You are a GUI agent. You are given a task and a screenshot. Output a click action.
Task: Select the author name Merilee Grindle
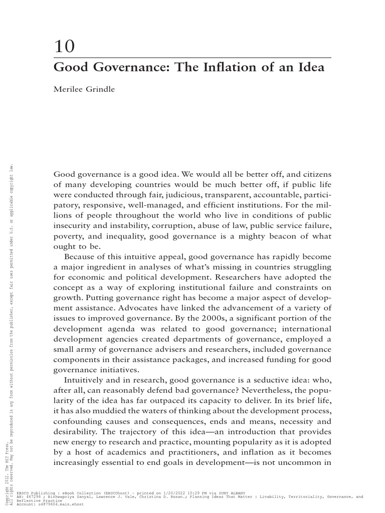tap(84, 90)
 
